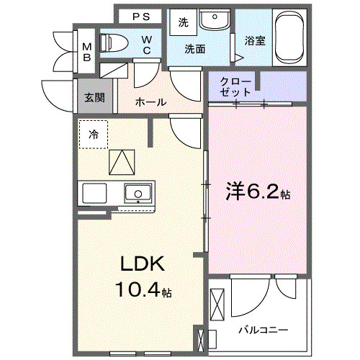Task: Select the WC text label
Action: tap(147, 44)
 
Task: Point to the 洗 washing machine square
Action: tap(183, 22)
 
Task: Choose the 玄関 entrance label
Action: tap(90, 96)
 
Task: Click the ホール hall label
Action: tap(150, 102)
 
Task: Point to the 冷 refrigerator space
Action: tap(94, 134)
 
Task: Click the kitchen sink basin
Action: tap(137, 193)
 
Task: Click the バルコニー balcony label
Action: tap(264, 330)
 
